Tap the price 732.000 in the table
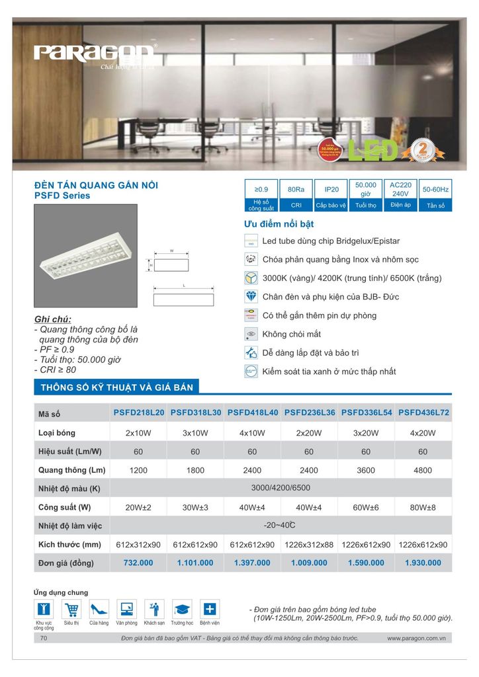pos(138,563)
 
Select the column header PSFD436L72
pos(423,412)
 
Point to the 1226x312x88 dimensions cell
pos(309,545)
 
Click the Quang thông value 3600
pos(366,470)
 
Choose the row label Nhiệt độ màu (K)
pos(69,489)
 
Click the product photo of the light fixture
pos(85,258)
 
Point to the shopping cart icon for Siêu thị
pos(71,609)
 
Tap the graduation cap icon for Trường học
pos(182,609)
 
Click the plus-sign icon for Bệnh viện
pos(210,609)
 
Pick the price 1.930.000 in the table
pos(423,563)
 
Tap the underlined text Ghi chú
pos(52,319)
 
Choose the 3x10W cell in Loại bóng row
pos(195,433)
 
